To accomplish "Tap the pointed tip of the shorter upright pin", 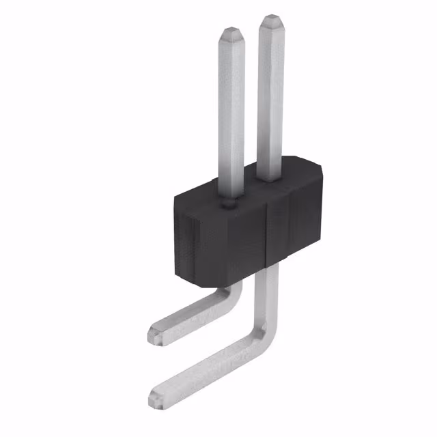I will tap(231, 31).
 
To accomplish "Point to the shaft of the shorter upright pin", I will tap(231, 109).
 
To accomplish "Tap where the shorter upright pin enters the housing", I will tap(230, 198).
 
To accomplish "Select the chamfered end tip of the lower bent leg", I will tap(155, 394).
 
